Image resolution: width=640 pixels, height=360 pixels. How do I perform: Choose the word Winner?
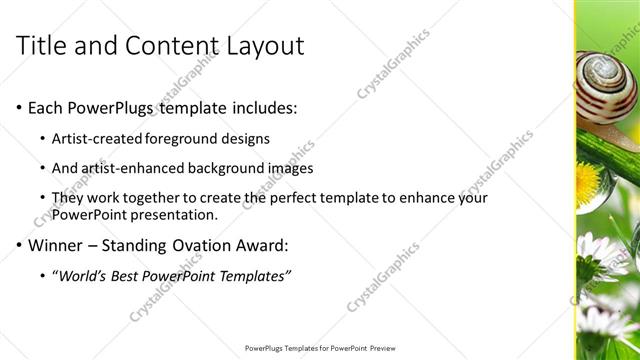(x=58, y=245)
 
